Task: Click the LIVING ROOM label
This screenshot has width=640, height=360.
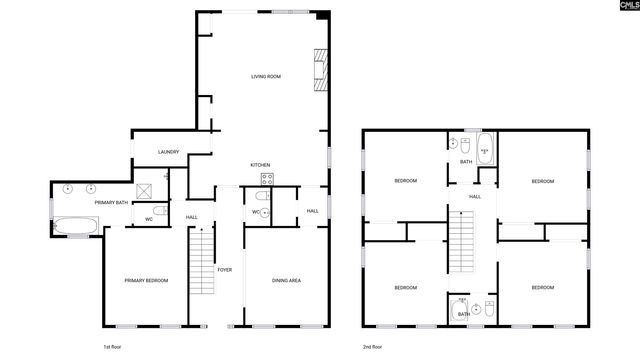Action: [265, 76]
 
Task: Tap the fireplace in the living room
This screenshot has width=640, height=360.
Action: [321, 71]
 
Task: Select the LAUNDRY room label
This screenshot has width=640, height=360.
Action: [168, 152]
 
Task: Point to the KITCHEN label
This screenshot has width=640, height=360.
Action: [260, 165]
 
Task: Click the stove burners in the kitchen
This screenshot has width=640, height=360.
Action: [268, 180]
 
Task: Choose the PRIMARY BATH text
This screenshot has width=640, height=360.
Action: [111, 203]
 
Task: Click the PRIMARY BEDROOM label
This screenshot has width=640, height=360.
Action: [146, 281]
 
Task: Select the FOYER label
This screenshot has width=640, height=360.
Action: [225, 270]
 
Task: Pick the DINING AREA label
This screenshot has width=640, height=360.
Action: [287, 281]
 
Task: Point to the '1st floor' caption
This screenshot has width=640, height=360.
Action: [113, 347]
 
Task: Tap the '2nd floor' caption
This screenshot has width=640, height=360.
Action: [373, 347]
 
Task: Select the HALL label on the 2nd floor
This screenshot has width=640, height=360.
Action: [475, 196]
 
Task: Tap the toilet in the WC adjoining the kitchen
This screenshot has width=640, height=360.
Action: [263, 212]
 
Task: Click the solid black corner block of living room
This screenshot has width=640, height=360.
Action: [322, 15]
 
